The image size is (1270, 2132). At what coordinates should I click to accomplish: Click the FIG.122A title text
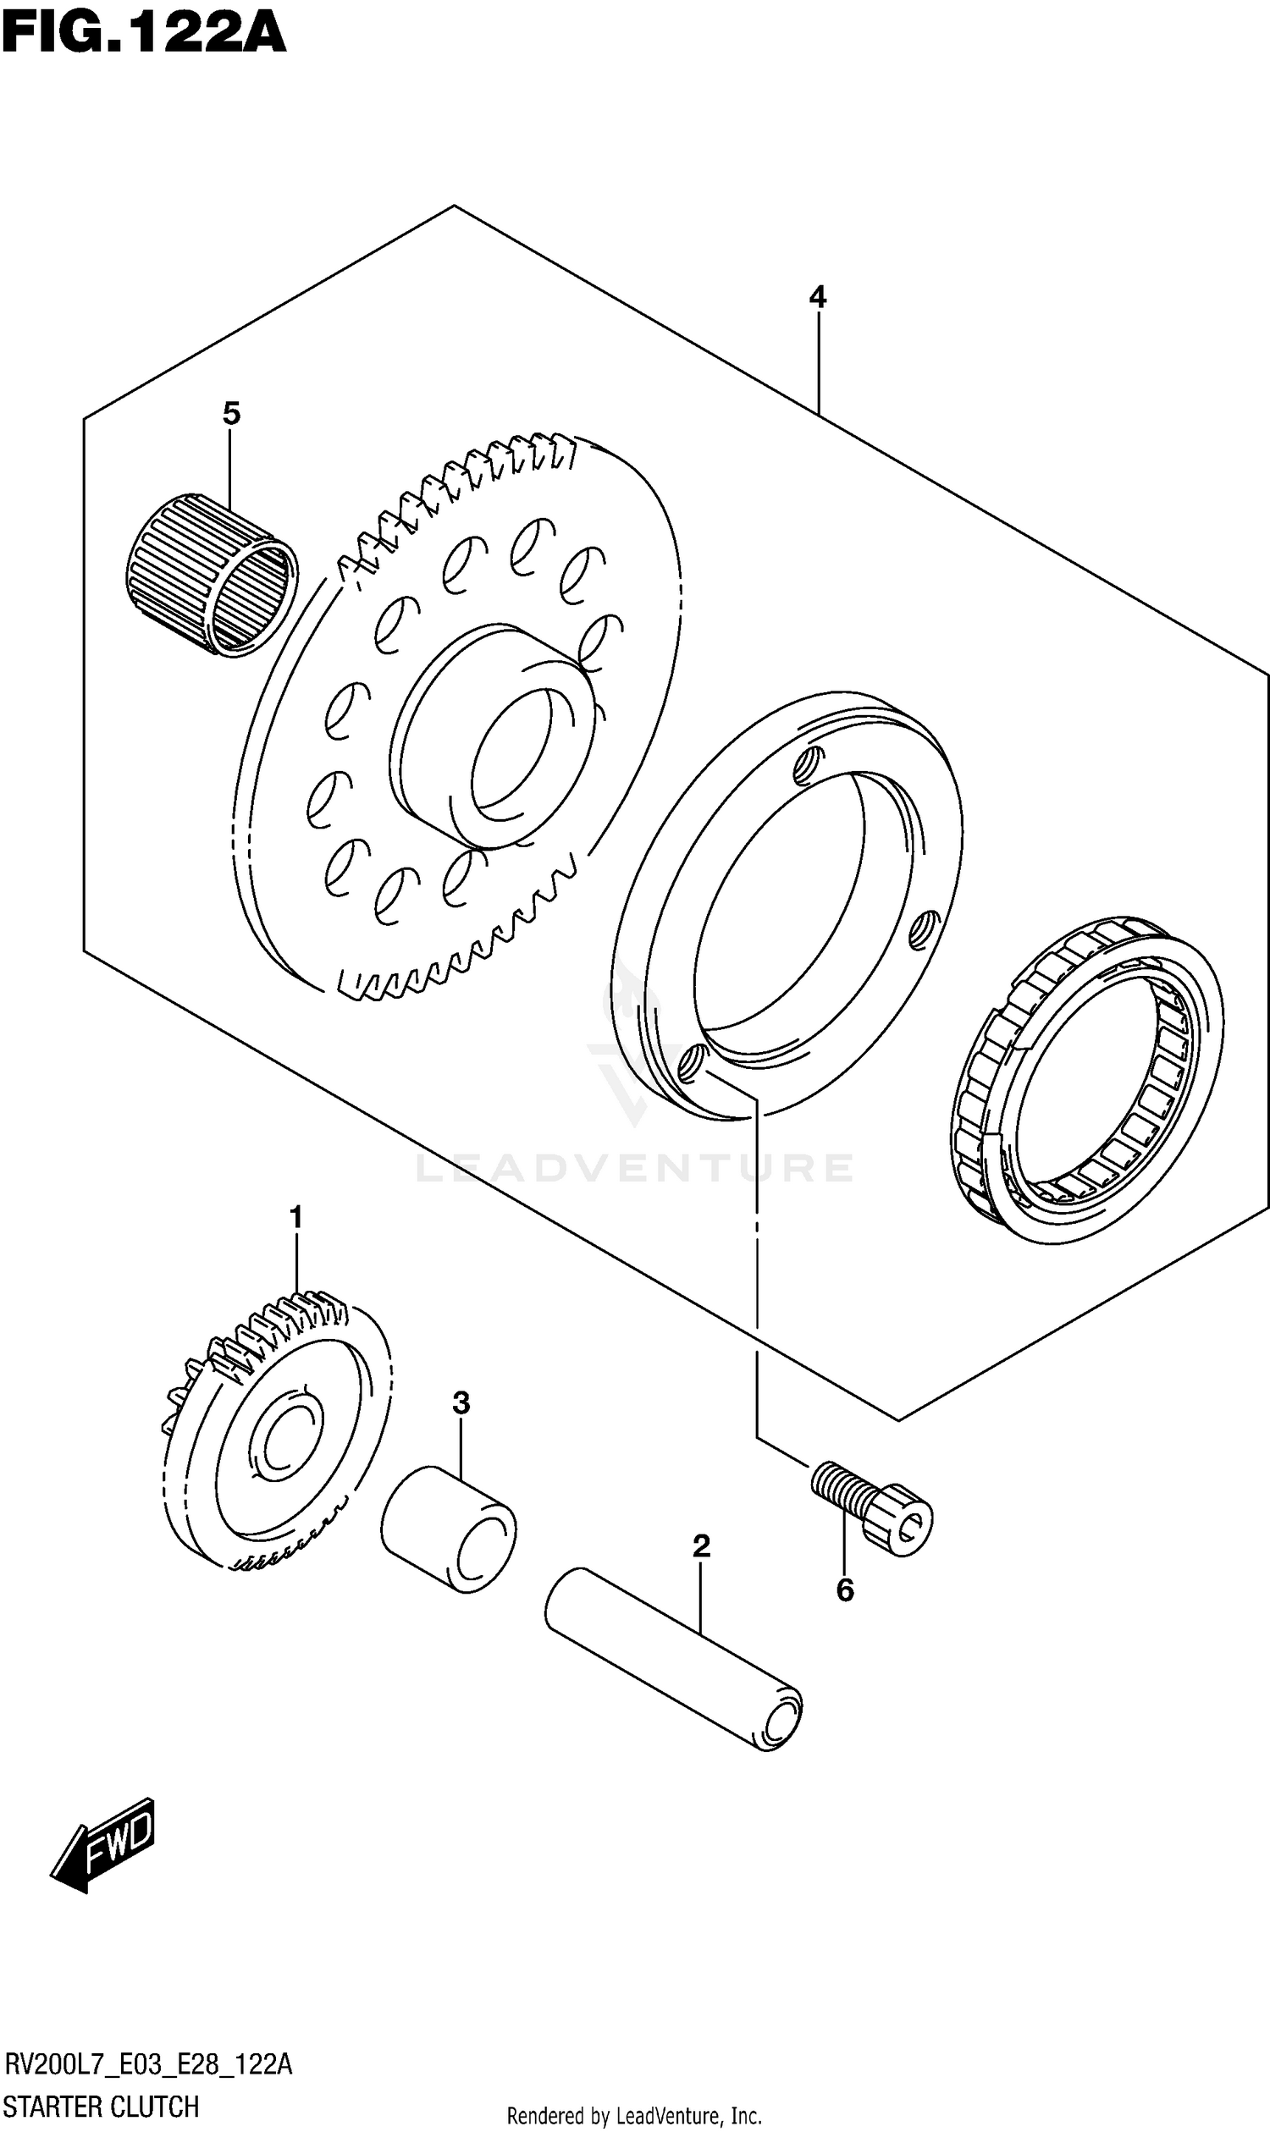(143, 34)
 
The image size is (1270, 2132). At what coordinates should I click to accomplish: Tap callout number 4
(817, 298)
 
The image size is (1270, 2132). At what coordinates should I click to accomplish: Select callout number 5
(231, 414)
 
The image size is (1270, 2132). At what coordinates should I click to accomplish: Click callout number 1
(296, 1216)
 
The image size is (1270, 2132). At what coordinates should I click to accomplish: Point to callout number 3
(461, 1403)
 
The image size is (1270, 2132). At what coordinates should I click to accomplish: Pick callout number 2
(701, 1546)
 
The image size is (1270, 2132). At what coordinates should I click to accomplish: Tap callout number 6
(845, 1590)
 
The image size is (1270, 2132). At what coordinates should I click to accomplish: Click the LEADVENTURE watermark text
(634, 1169)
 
